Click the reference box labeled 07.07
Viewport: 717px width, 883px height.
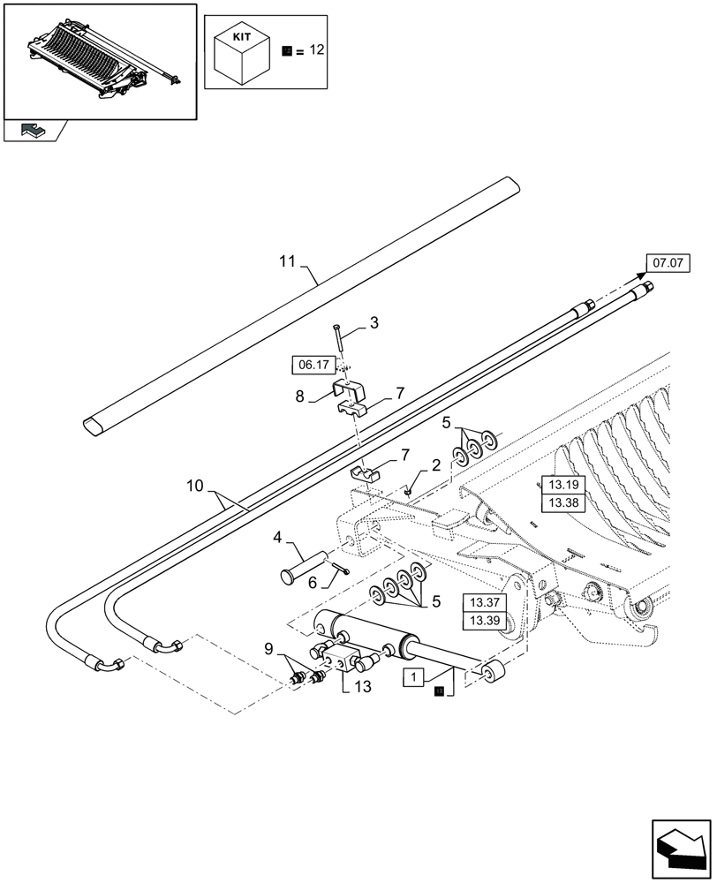[x=668, y=262]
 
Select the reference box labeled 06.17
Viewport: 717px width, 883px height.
[x=311, y=364]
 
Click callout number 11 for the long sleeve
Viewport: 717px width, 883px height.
[x=286, y=261]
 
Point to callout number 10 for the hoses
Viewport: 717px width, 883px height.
[x=196, y=486]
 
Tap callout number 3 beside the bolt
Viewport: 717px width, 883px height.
[x=374, y=324]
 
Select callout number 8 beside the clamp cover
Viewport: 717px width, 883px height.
[x=299, y=397]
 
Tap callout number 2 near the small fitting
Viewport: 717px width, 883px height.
[x=435, y=465]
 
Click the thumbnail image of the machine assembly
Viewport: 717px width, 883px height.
[x=99, y=60]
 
